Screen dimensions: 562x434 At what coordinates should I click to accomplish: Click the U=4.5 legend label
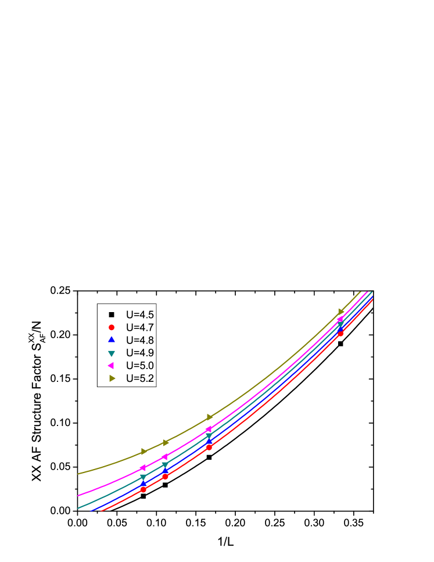click(x=140, y=315)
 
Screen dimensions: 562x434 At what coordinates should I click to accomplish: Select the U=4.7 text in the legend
click(x=140, y=328)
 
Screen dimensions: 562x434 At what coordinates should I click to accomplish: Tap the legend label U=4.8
click(x=140, y=341)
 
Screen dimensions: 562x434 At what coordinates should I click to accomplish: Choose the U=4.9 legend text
click(x=140, y=353)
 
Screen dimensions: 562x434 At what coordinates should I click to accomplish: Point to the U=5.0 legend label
click(x=140, y=366)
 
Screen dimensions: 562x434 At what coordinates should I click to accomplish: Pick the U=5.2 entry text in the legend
click(x=140, y=378)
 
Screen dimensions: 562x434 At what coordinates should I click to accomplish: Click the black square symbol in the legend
click(x=112, y=315)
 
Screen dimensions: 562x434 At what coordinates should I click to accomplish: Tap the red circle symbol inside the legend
click(x=112, y=327)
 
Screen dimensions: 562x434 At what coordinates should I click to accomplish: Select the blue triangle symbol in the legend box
click(x=112, y=340)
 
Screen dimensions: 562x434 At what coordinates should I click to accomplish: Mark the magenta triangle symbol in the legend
click(x=111, y=366)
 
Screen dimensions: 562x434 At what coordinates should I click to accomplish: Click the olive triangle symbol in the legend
click(x=112, y=378)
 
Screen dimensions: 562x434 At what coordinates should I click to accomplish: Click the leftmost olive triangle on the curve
click(x=144, y=452)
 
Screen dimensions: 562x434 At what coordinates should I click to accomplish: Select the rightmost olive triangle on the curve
click(x=341, y=312)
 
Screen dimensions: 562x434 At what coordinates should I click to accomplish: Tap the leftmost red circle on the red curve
click(x=144, y=489)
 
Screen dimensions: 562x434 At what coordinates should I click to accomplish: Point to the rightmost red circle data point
click(x=340, y=334)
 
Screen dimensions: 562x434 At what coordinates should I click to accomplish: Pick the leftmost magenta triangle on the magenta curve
click(x=142, y=468)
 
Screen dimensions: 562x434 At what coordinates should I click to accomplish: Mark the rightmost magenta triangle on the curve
click(x=340, y=319)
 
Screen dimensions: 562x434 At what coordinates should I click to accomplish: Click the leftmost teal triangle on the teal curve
click(x=144, y=478)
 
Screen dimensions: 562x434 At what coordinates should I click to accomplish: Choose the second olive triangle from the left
click(x=166, y=443)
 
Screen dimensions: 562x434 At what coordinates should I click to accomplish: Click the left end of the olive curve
click(x=78, y=474)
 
